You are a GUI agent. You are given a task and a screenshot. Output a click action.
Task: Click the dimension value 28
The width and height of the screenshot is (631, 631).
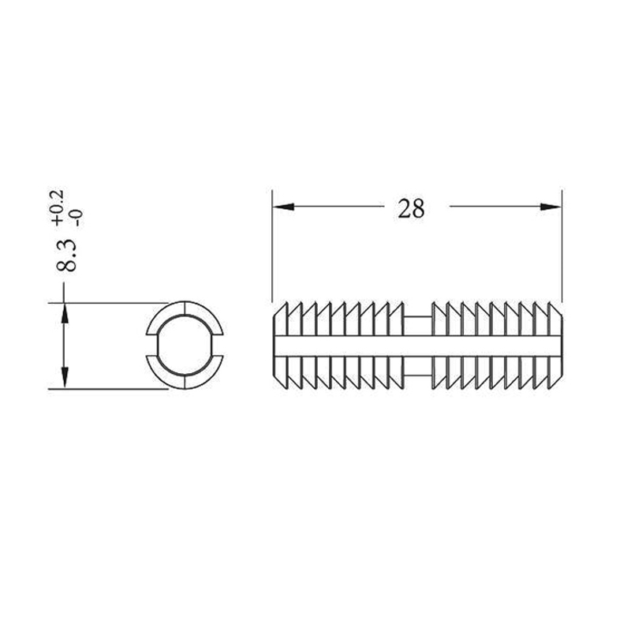click(x=411, y=208)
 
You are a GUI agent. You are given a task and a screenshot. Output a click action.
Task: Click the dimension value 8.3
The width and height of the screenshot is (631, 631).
click(x=66, y=255)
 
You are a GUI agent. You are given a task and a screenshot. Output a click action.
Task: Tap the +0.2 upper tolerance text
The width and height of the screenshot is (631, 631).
click(x=58, y=207)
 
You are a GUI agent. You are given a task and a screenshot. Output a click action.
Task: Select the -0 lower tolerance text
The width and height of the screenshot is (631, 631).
click(x=77, y=218)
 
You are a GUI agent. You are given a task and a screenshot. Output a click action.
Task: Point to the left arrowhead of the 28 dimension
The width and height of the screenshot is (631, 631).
click(x=283, y=207)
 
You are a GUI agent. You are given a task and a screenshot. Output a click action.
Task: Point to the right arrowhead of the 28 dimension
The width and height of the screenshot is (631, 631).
click(x=551, y=207)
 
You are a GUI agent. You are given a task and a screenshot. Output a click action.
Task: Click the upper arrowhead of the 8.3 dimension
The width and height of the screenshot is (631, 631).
click(x=64, y=313)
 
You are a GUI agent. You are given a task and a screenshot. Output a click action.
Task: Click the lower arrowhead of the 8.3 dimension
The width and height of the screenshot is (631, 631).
click(x=64, y=378)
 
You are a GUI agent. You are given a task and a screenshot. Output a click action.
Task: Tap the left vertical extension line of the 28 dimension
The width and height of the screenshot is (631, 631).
click(x=272, y=245)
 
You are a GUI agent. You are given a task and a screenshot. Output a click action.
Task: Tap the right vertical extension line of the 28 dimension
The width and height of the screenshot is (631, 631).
click(x=562, y=245)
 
